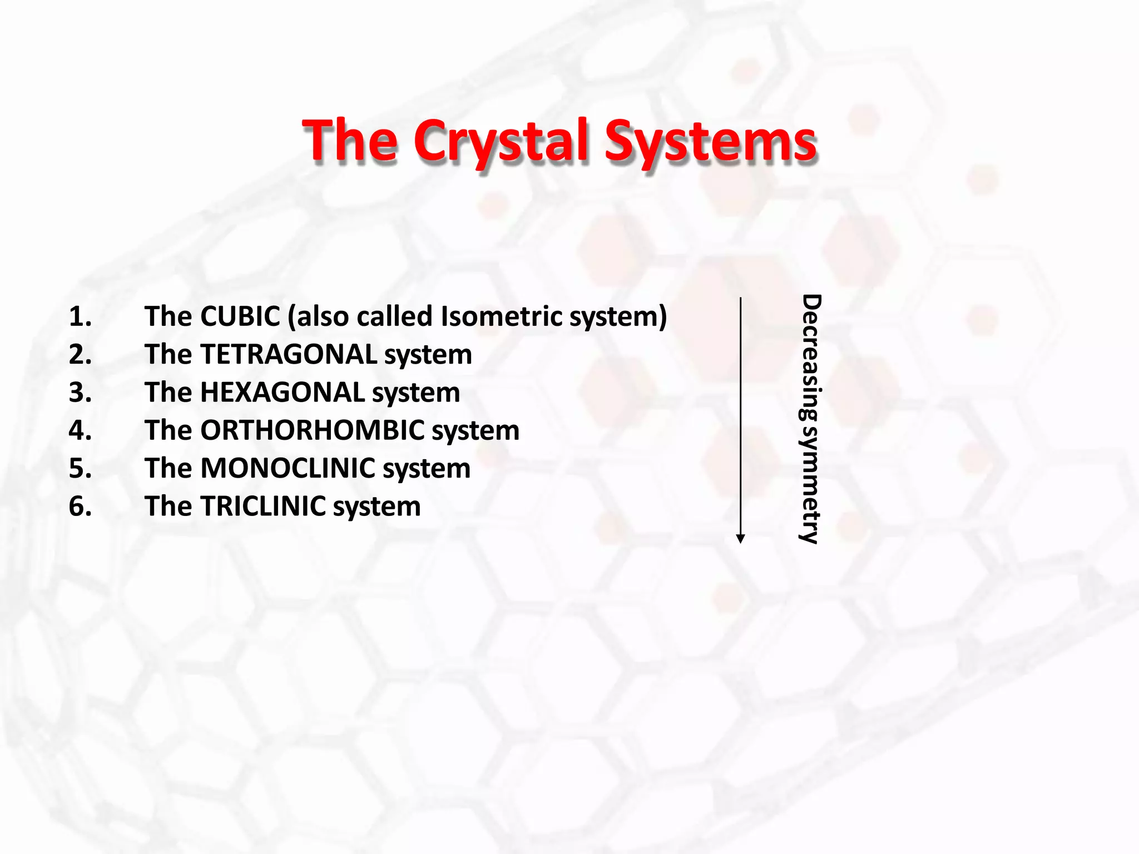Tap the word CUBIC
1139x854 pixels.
pos(240,316)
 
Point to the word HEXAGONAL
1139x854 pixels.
pos(283,393)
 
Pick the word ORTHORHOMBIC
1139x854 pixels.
pos(313,430)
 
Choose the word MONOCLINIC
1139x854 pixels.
pos(288,468)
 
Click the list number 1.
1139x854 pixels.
pos(80,317)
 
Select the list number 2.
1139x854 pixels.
pos(80,355)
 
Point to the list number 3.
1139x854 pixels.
pos(80,393)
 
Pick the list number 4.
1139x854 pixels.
pos(80,430)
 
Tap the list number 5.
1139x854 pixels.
pos(80,468)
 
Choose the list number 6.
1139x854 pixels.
pos(80,507)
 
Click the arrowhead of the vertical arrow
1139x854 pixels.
pos(740,538)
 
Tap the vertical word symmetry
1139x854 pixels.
pos(810,484)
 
